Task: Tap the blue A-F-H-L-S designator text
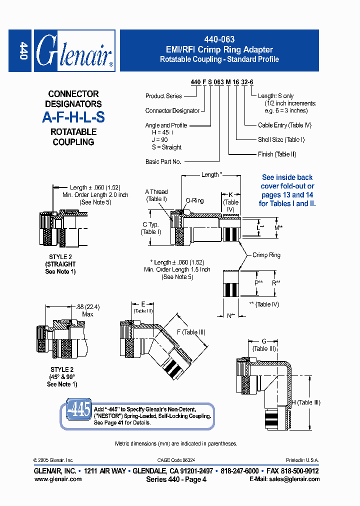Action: (x=73, y=117)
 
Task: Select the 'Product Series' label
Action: (x=163, y=96)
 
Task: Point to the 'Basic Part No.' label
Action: (x=163, y=161)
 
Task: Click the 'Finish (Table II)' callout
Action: (x=277, y=154)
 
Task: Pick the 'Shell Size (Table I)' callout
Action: (x=281, y=140)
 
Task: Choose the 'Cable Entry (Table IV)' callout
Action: (x=284, y=125)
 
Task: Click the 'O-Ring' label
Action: (x=194, y=200)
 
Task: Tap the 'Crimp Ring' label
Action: (x=266, y=255)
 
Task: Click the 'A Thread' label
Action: (x=156, y=192)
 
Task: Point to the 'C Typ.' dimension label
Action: (x=150, y=225)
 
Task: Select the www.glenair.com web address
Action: (x=58, y=479)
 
